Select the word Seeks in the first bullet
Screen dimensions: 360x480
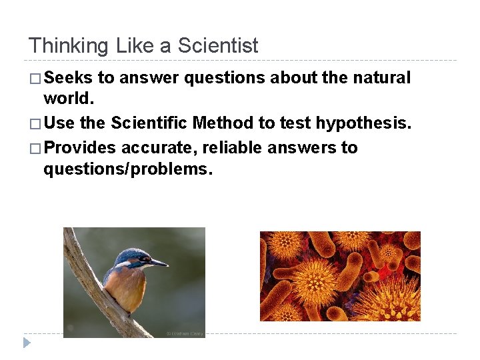click(x=68, y=78)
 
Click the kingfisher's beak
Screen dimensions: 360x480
click(x=159, y=263)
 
